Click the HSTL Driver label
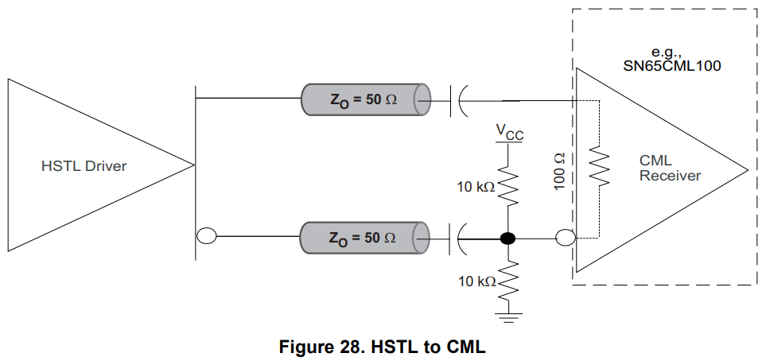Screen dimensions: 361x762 click(84, 166)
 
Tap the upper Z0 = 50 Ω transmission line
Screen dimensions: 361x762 click(364, 100)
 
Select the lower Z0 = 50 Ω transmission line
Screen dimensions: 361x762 click(364, 237)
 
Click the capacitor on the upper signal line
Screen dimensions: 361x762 click(459, 100)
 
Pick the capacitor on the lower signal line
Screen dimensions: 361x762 click(459, 237)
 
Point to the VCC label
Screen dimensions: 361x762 click(509, 132)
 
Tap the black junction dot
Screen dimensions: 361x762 click(507, 237)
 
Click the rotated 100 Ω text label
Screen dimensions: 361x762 click(558, 170)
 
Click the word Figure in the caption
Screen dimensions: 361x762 click(308, 347)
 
